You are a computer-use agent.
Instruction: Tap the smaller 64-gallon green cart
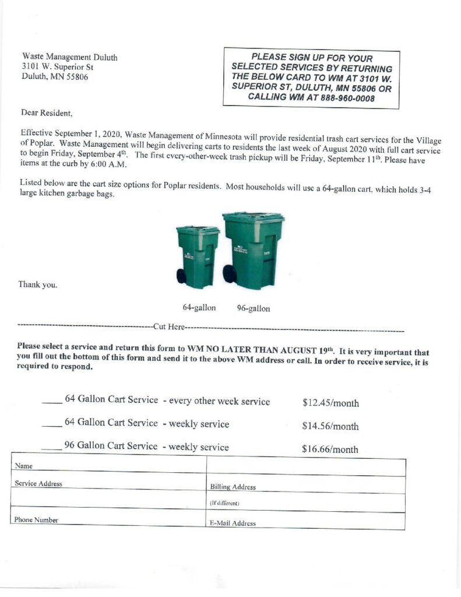[x=198, y=257]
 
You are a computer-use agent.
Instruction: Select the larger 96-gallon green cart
[x=252, y=251]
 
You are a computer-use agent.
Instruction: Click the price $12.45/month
[x=330, y=403]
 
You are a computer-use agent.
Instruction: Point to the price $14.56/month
[x=330, y=426]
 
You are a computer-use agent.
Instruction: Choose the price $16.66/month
[x=330, y=449]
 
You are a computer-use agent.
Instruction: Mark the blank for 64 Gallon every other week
[x=51, y=401]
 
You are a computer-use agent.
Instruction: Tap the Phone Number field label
[x=36, y=519]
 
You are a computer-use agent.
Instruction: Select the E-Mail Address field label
[x=233, y=523]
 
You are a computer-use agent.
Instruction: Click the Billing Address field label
[x=233, y=487]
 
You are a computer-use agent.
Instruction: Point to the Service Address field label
[x=38, y=483]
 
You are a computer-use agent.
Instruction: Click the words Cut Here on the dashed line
[x=168, y=325]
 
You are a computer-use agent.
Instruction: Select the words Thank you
[x=38, y=285]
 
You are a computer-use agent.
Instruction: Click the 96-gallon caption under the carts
[x=254, y=308]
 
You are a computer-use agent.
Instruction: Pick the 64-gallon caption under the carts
[x=199, y=307]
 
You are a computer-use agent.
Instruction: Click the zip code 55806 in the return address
[x=76, y=77]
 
